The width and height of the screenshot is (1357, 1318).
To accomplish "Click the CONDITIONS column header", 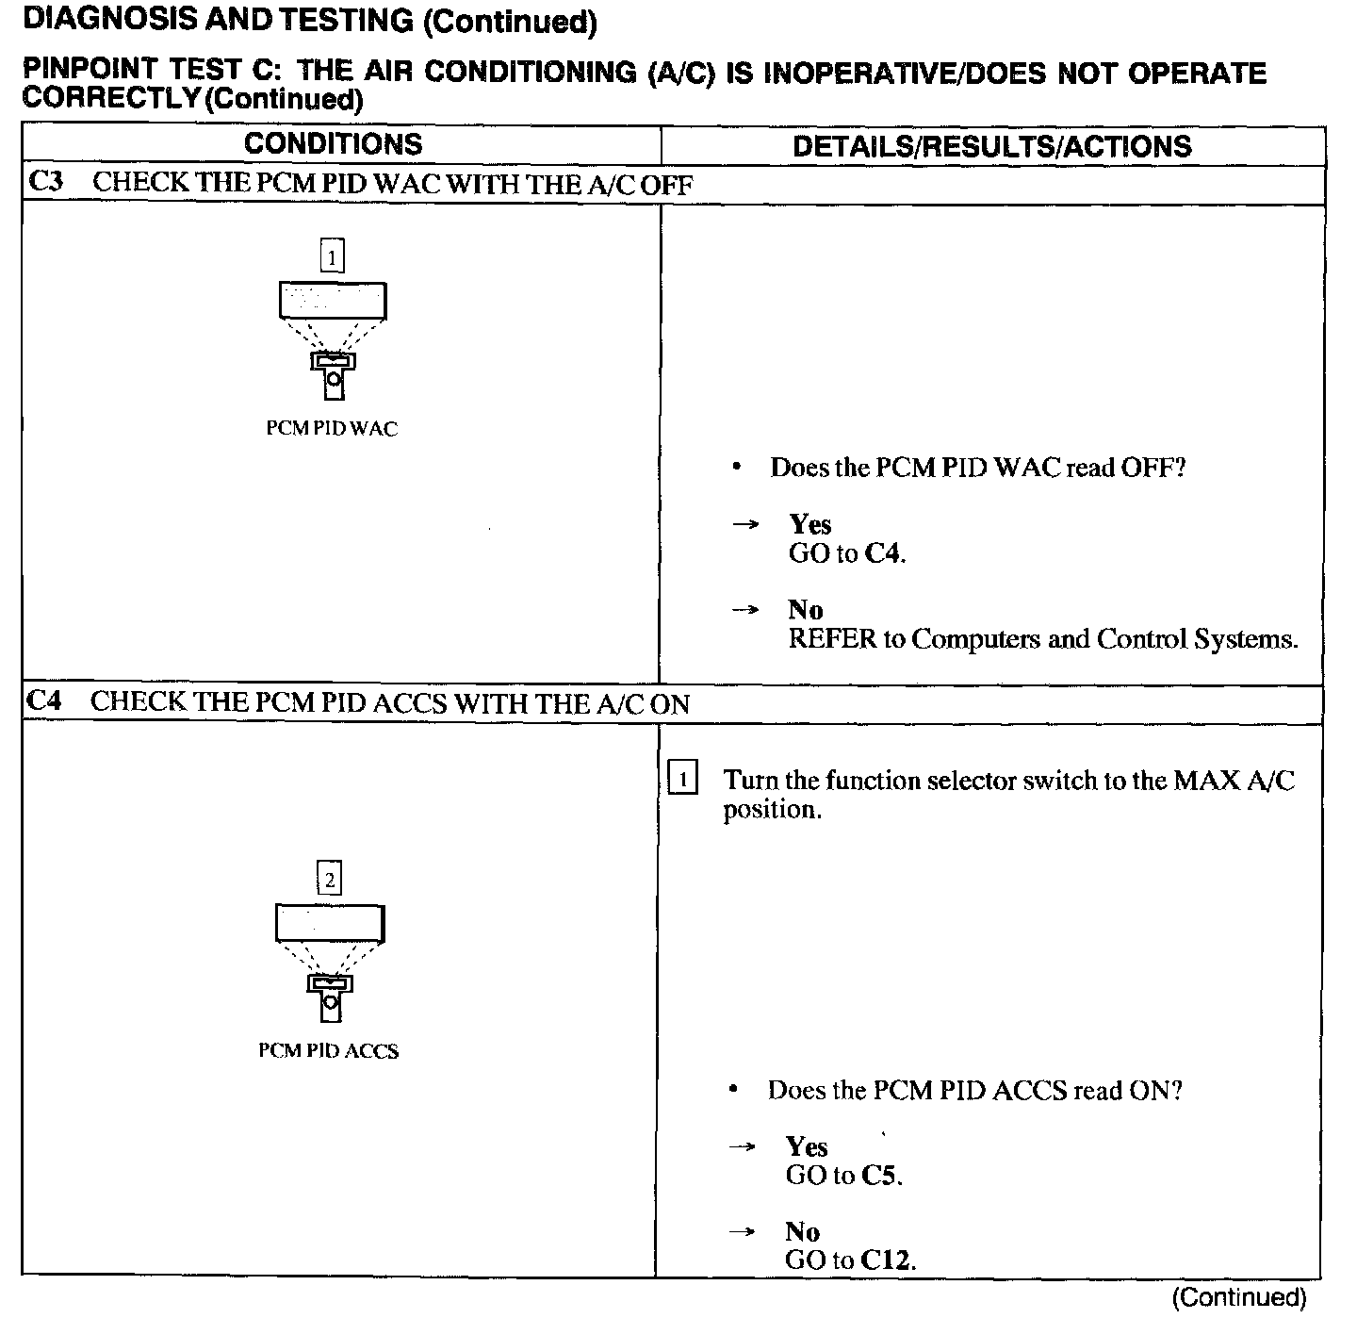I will point(333,144).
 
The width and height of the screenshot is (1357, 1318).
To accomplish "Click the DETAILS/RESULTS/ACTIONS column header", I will point(991,146).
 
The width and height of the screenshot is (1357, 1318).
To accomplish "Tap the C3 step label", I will point(45,181).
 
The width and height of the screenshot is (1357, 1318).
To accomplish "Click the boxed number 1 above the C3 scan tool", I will point(332,256).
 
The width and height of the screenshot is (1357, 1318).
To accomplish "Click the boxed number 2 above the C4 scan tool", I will point(329,881).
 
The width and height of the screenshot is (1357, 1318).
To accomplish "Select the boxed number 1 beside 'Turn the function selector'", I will point(682,780).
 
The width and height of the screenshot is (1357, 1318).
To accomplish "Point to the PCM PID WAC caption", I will point(332,429).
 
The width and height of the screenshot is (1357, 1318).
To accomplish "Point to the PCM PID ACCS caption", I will point(328,1051).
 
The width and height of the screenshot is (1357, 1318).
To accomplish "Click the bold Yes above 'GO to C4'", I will point(809,524).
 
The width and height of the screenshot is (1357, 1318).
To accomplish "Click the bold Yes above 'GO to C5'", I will point(807,1146).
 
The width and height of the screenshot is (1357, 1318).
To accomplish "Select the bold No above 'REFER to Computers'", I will point(805,610).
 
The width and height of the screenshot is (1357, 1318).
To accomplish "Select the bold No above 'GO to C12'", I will point(802,1231).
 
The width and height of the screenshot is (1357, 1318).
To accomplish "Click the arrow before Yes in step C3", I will point(745,524).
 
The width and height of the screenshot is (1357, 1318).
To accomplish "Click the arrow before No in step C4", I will point(743,1231).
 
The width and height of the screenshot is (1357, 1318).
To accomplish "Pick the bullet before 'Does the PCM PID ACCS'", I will point(733,1091).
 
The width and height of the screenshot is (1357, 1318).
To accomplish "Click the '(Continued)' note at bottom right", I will point(1238,1297).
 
